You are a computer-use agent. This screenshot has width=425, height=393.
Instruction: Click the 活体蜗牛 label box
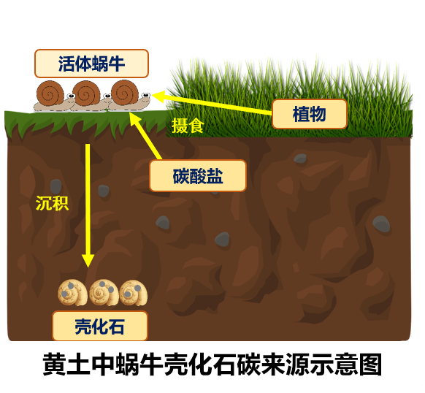tap(91, 64)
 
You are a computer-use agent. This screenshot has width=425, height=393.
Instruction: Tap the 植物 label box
tap(310, 114)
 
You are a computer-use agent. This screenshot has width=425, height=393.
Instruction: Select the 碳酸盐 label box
tap(198, 176)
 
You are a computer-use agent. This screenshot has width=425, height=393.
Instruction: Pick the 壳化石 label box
tap(100, 326)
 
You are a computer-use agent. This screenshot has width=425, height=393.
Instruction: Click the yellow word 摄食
tap(188, 126)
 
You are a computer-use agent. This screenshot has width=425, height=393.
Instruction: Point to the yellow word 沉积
tap(52, 203)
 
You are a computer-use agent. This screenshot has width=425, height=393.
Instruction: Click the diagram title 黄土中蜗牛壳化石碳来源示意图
tap(212, 365)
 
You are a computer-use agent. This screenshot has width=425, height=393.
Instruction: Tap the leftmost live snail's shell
tap(50, 93)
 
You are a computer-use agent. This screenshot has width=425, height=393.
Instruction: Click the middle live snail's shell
tap(86, 94)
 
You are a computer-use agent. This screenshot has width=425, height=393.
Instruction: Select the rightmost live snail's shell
tap(125, 92)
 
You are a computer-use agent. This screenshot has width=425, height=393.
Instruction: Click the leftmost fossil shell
tap(72, 293)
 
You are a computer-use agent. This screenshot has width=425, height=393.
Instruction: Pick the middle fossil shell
tap(104, 293)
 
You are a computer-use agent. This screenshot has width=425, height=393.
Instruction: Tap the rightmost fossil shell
tap(134, 293)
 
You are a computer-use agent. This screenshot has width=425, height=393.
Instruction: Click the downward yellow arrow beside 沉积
tap(88, 205)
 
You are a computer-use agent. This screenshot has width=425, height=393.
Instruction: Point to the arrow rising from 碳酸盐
tap(146, 136)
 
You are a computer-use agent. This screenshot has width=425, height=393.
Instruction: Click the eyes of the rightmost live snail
tap(146, 95)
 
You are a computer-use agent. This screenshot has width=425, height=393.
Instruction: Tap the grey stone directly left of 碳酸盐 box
tap(103, 191)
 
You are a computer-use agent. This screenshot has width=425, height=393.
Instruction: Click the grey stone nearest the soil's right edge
tap(381, 224)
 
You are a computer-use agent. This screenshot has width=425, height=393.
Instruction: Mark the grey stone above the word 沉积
tap(55, 186)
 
